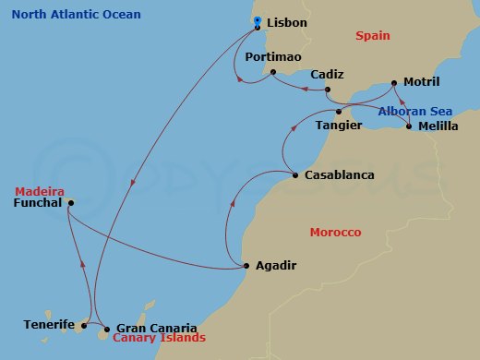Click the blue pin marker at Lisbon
tap(257, 20)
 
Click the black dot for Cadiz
tap(327, 90)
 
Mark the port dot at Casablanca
tap(294, 175)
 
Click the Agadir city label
tap(276, 267)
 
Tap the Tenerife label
tap(49, 325)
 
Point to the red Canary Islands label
tap(159, 339)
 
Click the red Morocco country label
tap(335, 232)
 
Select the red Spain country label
tap(374, 36)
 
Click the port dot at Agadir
tap(246, 266)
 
